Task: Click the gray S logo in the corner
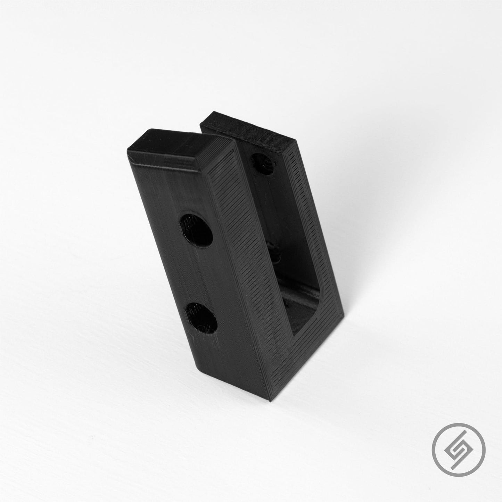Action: coord(457,456)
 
